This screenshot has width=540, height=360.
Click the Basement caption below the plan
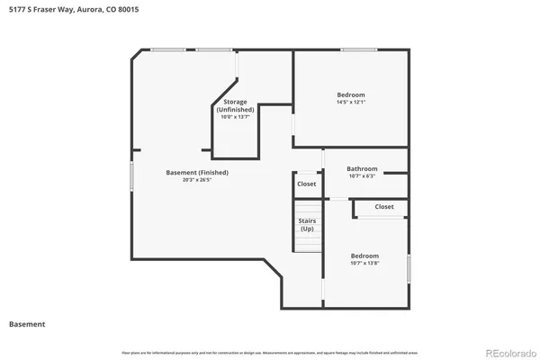pyautogui.click(x=27, y=324)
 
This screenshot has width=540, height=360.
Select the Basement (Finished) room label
pyautogui.click(x=197, y=172)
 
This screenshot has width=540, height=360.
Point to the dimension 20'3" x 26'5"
pyautogui.click(x=197, y=179)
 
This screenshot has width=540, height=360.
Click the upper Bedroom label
pyautogui.click(x=351, y=94)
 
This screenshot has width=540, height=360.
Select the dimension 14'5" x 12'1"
pyautogui.click(x=351, y=102)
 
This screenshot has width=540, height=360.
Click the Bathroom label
pyautogui.click(x=363, y=168)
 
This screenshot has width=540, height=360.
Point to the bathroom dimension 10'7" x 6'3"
pyautogui.click(x=363, y=175)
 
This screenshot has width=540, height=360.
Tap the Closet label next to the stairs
pyautogui.click(x=307, y=184)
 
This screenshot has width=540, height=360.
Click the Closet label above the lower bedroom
pyautogui.click(x=384, y=206)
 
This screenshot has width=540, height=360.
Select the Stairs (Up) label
pyautogui.click(x=307, y=225)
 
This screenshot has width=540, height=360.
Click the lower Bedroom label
pyautogui.click(x=364, y=255)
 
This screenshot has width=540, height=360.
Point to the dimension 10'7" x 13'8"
pyautogui.click(x=364, y=262)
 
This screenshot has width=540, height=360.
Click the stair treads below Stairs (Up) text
pyautogui.click(x=307, y=243)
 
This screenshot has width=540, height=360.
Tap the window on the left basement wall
pyautogui.click(x=132, y=175)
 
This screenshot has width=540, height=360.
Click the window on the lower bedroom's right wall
pyautogui.click(x=409, y=268)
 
